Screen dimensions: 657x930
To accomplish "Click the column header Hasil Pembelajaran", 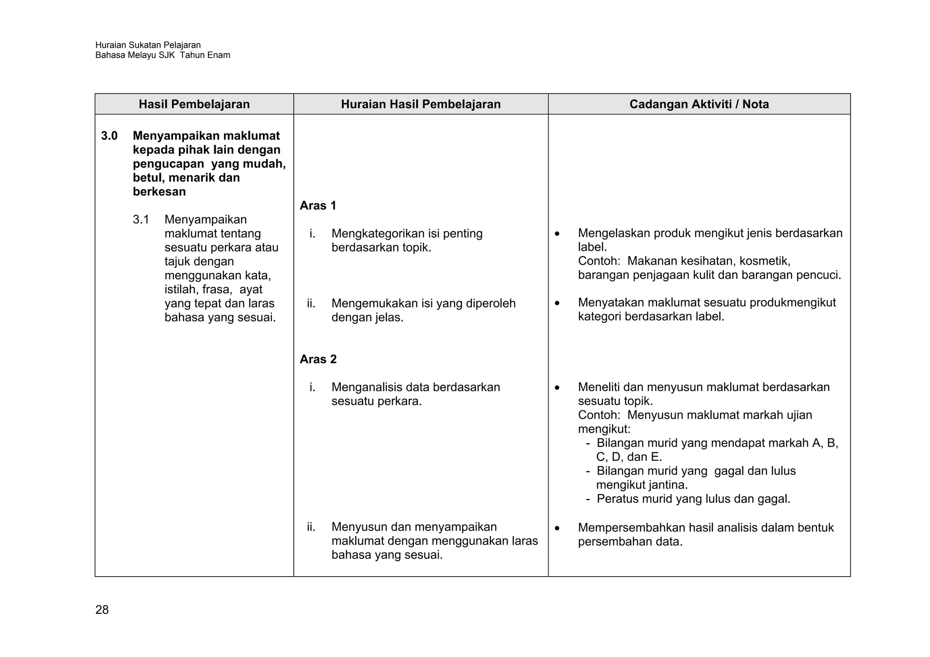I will [194, 104].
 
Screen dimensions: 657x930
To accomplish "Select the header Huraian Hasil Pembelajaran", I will [420, 104].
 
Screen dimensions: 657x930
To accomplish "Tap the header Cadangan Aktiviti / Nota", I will [699, 104].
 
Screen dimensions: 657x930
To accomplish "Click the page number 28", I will [102, 610].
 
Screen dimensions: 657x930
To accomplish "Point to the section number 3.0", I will [109, 136].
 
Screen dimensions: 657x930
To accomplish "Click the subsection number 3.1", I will [141, 220].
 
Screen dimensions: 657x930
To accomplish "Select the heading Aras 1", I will [318, 206].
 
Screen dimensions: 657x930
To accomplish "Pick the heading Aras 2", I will [318, 359].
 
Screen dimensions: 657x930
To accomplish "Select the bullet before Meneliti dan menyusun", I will [557, 388].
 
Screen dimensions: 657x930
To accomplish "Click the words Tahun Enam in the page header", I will [205, 55].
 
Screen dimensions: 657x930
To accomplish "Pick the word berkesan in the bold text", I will [159, 192].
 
